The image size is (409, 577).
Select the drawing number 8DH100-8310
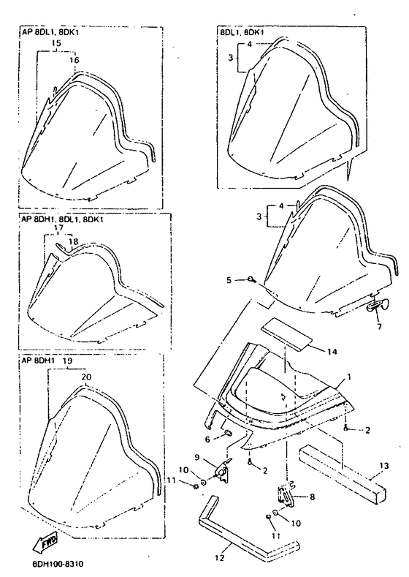pyautogui.click(x=54, y=563)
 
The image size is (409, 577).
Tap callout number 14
pyautogui.click(x=332, y=352)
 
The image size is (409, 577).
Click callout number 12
pyautogui.click(x=219, y=558)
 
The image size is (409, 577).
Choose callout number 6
pyautogui.click(x=207, y=439)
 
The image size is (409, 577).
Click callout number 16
pyautogui.click(x=74, y=60)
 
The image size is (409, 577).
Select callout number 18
pyautogui.click(x=73, y=241)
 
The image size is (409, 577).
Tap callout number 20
pyautogui.click(x=87, y=377)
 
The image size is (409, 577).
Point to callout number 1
pyautogui.click(x=349, y=377)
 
